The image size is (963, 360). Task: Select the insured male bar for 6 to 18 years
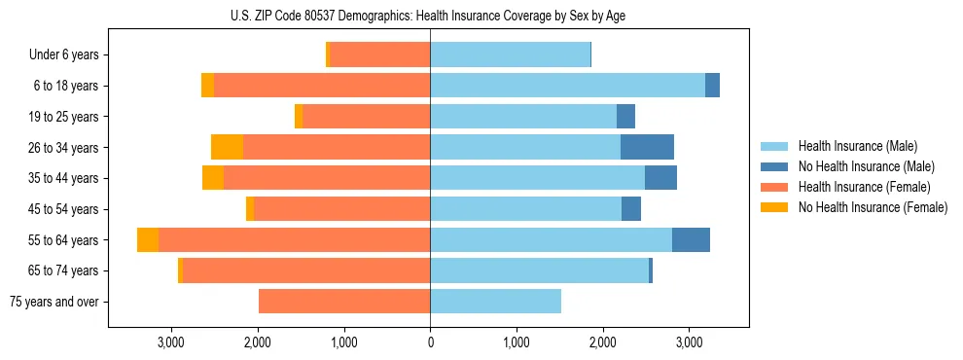[x=567, y=86]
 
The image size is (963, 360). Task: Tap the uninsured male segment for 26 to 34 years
[x=647, y=147]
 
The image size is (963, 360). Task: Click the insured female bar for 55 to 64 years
[x=294, y=239]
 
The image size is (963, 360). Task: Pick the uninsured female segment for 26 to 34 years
[x=227, y=147]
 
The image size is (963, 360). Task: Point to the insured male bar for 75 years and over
[x=495, y=302]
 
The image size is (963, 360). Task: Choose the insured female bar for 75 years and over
[x=344, y=302]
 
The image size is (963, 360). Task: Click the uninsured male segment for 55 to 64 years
[x=691, y=239]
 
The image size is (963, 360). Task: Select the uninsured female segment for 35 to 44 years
[x=213, y=178]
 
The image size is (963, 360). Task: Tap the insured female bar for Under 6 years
[x=380, y=54]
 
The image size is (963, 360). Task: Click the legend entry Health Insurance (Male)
[x=857, y=146]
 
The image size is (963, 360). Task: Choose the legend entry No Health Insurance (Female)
[x=873, y=207]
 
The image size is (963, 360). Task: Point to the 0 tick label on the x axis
[x=430, y=342]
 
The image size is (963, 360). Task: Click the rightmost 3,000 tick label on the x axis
[x=689, y=342]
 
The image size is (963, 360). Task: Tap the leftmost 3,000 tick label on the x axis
[x=171, y=342]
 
